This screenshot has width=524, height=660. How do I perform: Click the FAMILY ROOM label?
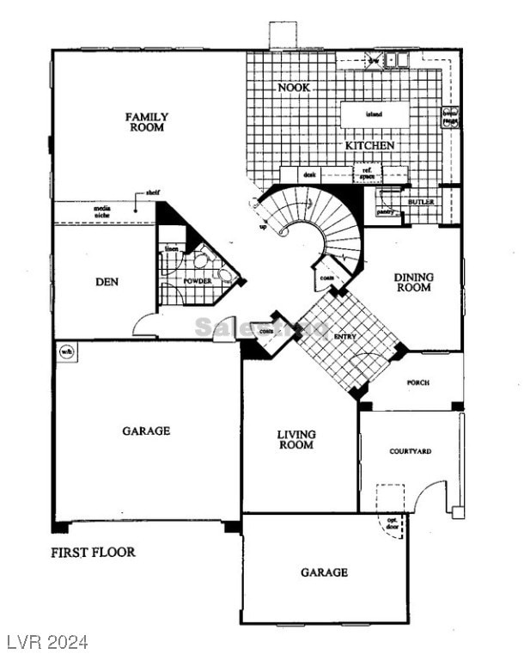click(147, 122)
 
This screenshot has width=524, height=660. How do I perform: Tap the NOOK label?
click(294, 88)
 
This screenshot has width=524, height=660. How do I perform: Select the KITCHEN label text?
click(370, 146)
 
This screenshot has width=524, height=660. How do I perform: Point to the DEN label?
click(107, 282)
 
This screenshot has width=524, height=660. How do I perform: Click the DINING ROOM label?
click(414, 283)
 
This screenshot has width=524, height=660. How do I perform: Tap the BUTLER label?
click(421, 202)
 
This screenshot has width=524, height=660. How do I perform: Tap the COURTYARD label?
click(410, 451)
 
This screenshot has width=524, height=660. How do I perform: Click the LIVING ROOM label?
click(296, 440)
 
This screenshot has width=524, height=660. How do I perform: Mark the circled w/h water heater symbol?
click(65, 351)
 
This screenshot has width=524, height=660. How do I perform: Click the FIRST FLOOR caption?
click(93, 552)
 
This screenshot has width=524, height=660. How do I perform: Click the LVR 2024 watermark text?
click(47, 642)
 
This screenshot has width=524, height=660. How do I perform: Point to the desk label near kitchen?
click(310, 174)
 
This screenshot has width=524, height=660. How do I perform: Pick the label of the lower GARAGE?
click(324, 572)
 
